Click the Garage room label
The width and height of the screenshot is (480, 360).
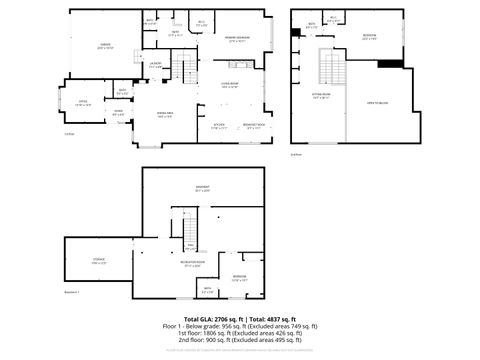click(x=105, y=46)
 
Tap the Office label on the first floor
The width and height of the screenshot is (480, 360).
click(x=84, y=102)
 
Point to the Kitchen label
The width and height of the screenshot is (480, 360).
click(x=219, y=126)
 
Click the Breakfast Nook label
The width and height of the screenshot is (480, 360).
click(x=255, y=126)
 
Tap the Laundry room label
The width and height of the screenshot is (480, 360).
click(x=156, y=66)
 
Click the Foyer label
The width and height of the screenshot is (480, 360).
click(x=118, y=114)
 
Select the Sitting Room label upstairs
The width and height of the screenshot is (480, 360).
click(x=321, y=97)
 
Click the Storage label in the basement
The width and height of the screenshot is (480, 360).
click(x=99, y=262)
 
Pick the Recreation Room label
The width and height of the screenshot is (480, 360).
click(x=193, y=265)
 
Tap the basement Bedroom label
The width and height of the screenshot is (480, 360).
click(x=240, y=277)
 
